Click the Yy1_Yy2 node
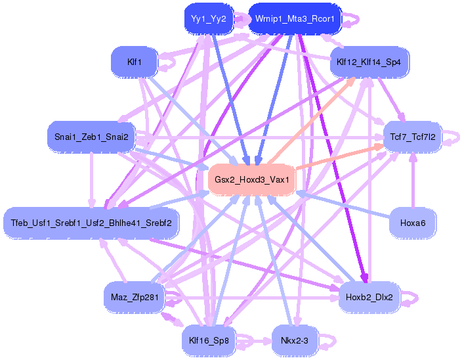(x=209, y=19)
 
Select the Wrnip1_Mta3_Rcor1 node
(x=295, y=19)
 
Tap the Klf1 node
(x=135, y=62)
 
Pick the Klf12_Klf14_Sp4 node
(x=373, y=62)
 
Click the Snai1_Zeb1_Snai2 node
(x=91, y=137)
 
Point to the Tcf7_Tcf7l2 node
(x=413, y=137)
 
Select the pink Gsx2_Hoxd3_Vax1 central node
(x=252, y=179)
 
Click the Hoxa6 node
(x=413, y=223)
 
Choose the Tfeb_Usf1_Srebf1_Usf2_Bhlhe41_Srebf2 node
(x=91, y=223)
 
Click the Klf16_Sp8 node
(x=209, y=340)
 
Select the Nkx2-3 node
(x=295, y=340)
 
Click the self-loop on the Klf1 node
(x=169, y=62)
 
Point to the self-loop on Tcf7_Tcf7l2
(x=453, y=137)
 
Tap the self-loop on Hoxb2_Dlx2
(x=411, y=298)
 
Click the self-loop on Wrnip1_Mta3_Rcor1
(x=352, y=19)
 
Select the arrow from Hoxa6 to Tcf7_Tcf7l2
(x=413, y=184)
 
